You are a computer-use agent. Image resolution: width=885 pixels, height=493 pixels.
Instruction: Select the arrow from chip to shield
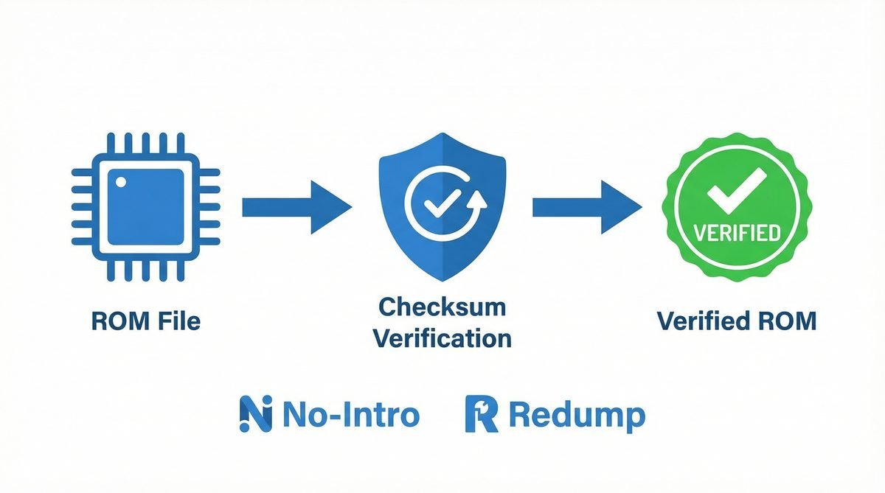click(296, 206)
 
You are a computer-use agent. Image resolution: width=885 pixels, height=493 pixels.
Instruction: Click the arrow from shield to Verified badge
click(586, 206)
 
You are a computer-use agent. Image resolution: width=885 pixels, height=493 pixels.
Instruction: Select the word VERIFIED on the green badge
click(737, 234)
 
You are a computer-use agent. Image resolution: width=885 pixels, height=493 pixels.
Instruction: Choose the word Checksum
click(442, 306)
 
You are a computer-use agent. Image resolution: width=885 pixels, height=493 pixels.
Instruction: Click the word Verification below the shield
click(442, 338)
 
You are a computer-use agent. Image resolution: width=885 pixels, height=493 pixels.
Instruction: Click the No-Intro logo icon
click(255, 414)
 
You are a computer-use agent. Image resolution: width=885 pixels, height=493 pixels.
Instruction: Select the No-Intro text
click(351, 414)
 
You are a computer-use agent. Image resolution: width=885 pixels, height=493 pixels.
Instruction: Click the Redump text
click(576, 416)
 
